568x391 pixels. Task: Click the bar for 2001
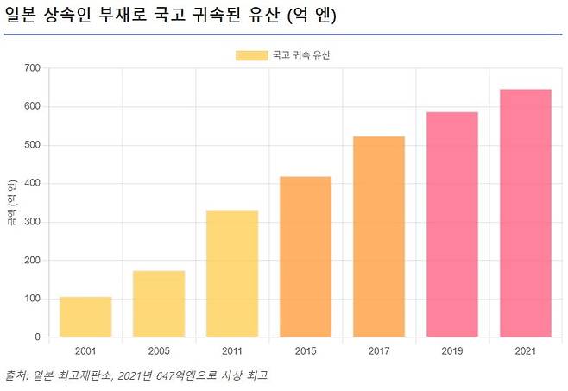pyautogui.click(x=85, y=317)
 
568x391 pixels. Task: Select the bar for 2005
pyautogui.click(x=159, y=304)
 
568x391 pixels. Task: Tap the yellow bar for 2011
pyautogui.click(x=232, y=274)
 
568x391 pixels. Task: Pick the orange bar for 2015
pyautogui.click(x=306, y=256)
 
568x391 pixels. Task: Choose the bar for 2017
pyautogui.click(x=379, y=236)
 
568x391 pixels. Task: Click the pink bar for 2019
pyautogui.click(x=452, y=224)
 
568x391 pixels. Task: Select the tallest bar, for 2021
pyautogui.click(x=526, y=213)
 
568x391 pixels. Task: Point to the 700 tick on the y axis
pyautogui.click(x=32, y=68)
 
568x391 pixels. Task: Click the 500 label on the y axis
pyautogui.click(x=32, y=145)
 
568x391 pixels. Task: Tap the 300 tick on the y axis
pyautogui.click(x=32, y=222)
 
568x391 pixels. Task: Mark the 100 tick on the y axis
pyautogui.click(x=32, y=299)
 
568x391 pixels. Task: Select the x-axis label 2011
pyautogui.click(x=232, y=351)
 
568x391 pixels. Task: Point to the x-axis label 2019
pyautogui.click(x=452, y=351)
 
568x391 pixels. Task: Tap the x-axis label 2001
pyautogui.click(x=85, y=351)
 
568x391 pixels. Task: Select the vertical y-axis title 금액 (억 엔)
pyautogui.click(x=11, y=203)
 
